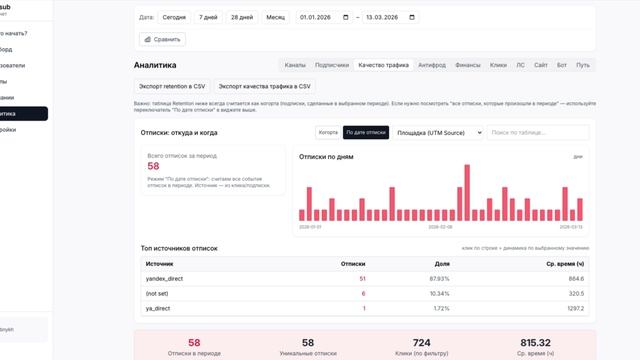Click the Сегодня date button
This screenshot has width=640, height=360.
click(174, 17)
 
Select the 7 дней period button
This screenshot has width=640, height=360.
click(208, 17)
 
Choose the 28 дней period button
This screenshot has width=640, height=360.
click(241, 17)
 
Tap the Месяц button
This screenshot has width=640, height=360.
click(275, 17)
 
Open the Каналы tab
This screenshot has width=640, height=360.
click(295, 65)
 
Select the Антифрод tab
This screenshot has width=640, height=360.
click(432, 65)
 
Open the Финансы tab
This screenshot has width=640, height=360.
click(468, 65)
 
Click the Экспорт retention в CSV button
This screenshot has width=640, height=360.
click(171, 86)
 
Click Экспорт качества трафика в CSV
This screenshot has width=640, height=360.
click(265, 86)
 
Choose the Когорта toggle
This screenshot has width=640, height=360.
click(327, 132)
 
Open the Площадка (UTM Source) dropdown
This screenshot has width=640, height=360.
click(438, 132)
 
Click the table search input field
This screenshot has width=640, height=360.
click(538, 132)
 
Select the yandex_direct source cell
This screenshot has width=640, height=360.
click(164, 278)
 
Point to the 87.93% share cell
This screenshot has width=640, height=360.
click(438, 278)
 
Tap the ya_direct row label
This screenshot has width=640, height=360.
click(158, 308)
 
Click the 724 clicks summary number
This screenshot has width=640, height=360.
click(421, 342)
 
